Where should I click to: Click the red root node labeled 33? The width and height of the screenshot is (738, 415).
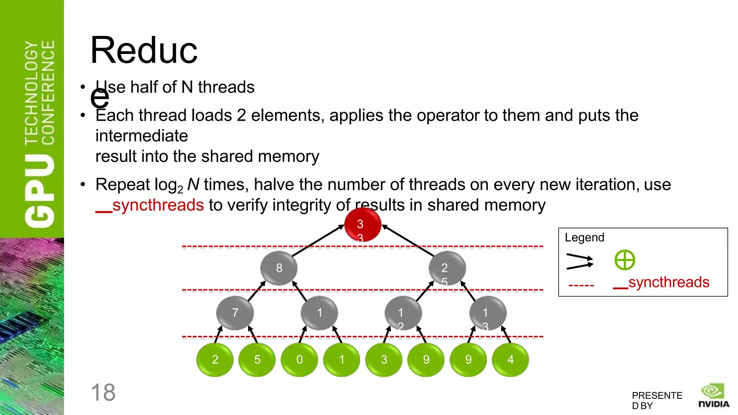click(x=363, y=225)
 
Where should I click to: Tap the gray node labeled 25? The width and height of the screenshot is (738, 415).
click(x=447, y=269)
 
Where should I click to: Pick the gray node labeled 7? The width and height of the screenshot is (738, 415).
click(x=235, y=313)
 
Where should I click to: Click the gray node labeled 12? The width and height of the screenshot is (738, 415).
click(x=403, y=313)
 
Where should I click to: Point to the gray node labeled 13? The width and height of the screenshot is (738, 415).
click(x=488, y=313)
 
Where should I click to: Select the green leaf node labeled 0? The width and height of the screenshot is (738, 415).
click(x=299, y=360)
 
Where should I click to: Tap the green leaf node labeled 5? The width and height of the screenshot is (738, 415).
click(x=257, y=360)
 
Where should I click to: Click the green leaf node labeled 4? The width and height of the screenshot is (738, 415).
click(x=510, y=360)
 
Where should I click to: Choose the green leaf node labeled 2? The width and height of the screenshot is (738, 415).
click(x=215, y=360)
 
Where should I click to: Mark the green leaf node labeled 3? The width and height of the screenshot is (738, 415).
click(x=384, y=360)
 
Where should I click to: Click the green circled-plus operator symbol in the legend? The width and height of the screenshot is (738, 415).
click(x=624, y=260)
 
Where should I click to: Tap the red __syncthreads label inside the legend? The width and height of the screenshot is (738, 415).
click(x=661, y=282)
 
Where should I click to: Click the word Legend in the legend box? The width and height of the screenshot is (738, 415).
click(x=584, y=238)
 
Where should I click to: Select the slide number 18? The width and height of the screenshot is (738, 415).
click(x=103, y=392)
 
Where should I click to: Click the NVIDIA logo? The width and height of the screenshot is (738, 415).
click(x=713, y=396)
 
